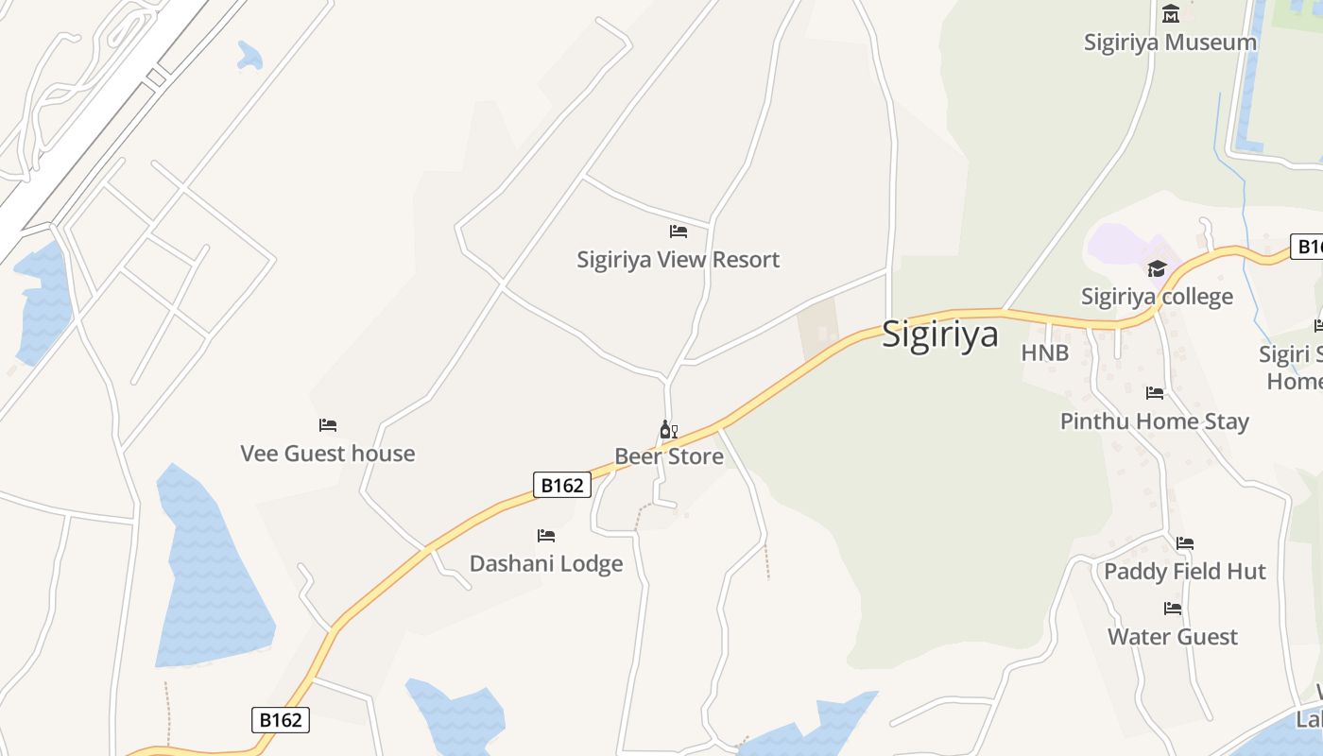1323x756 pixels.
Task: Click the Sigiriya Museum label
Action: click(1170, 43)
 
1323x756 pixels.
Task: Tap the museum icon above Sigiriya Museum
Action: click(1171, 13)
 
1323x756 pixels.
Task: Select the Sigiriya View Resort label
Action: click(678, 260)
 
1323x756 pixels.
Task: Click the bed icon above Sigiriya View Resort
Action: click(678, 231)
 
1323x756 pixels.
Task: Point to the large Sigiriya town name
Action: click(939, 335)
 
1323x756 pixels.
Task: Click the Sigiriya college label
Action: click(1157, 297)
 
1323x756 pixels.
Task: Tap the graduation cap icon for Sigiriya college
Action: click(1157, 269)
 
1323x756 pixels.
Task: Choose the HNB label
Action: click(1044, 353)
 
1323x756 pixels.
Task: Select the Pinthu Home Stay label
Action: click(1154, 421)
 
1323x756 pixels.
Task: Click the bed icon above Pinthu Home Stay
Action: click(1154, 392)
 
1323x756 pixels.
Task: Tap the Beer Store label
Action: click(669, 457)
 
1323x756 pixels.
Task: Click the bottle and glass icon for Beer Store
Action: click(668, 430)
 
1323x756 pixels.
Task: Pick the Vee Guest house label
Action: click(327, 454)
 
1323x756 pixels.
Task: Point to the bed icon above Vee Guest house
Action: click(328, 425)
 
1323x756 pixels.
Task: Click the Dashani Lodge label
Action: click(546, 564)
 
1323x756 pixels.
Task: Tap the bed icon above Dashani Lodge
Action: click(546, 536)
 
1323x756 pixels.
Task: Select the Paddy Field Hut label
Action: click(1184, 572)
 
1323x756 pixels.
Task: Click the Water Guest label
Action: click(1172, 637)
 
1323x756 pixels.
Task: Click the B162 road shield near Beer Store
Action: click(561, 485)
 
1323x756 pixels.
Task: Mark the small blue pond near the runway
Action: click(250, 57)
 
